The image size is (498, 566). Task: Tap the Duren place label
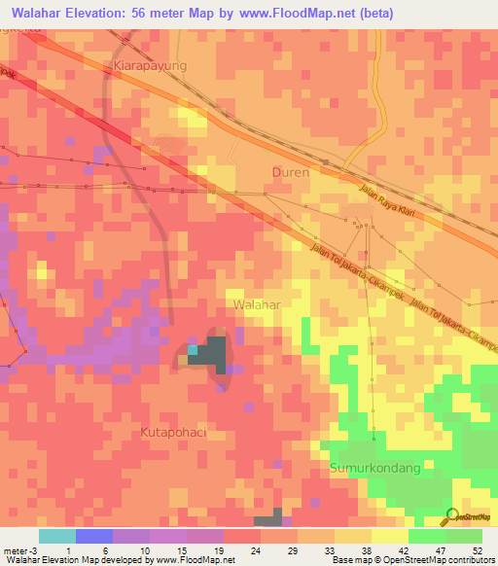tap(289, 172)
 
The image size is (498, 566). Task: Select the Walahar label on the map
tap(257, 304)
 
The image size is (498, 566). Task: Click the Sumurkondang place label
tap(374, 468)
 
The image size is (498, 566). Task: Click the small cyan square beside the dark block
tap(193, 350)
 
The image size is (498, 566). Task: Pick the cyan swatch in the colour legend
tap(56, 536)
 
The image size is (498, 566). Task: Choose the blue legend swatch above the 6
tap(94, 536)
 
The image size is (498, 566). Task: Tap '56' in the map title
tap(144, 12)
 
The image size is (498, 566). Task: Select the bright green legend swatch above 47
tap(426, 536)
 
